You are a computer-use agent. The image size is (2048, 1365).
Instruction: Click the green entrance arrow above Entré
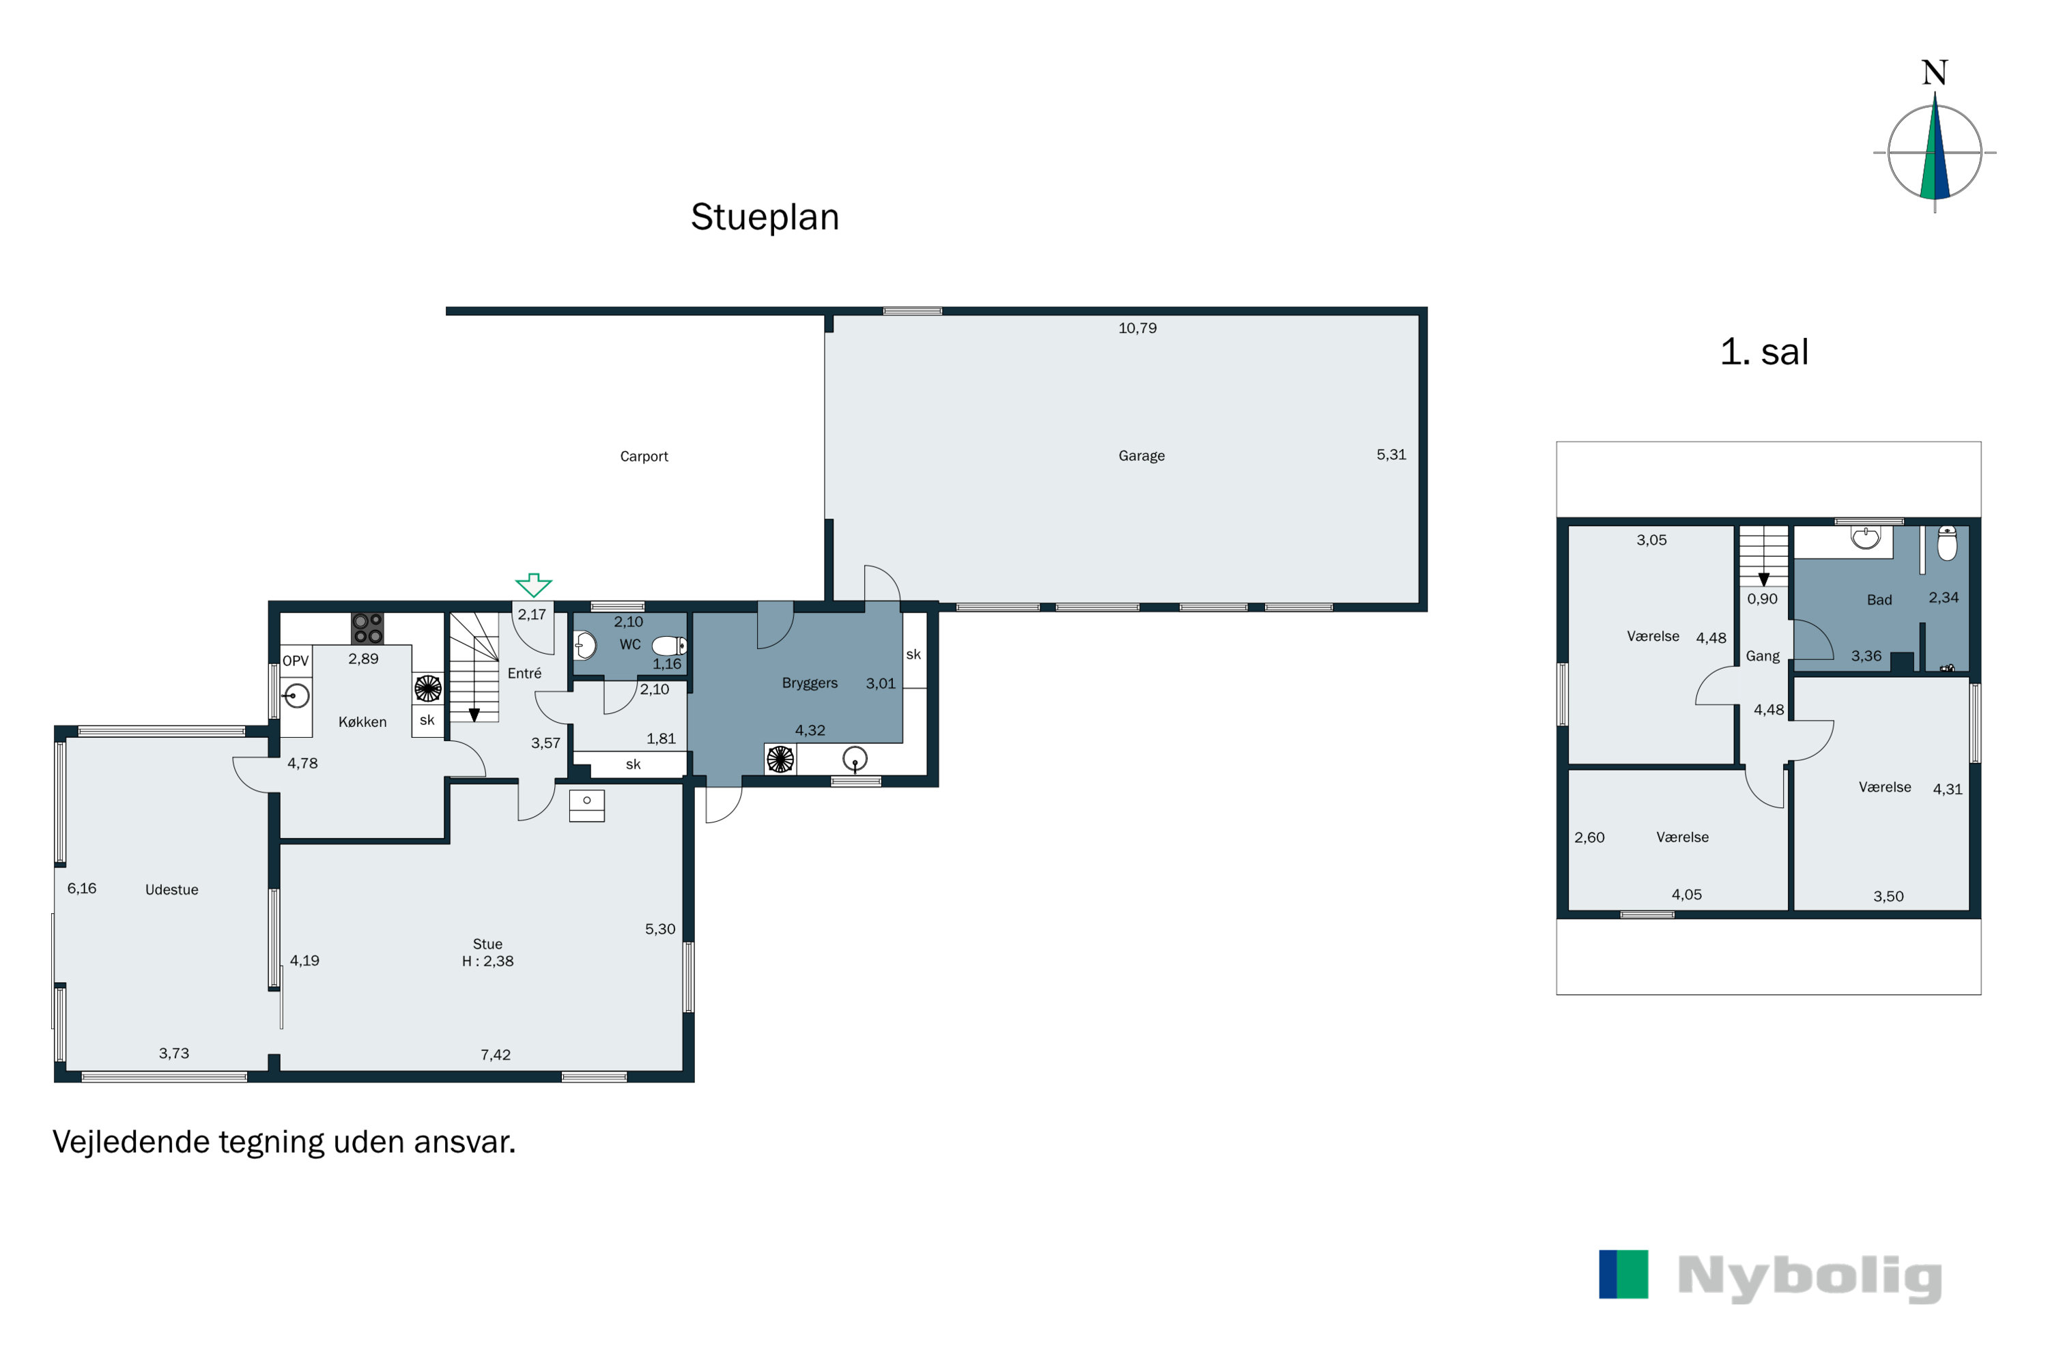533,584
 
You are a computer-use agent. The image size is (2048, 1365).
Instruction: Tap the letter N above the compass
1934,73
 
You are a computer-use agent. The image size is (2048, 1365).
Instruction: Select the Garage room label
1141,455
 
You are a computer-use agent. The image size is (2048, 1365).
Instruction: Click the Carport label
644,456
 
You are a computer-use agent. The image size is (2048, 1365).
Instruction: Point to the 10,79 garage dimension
1137,328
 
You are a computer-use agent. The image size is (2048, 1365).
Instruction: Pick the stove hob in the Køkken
367,629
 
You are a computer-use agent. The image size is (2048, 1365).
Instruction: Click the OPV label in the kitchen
295,661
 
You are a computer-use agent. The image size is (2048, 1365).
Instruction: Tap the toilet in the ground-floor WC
670,646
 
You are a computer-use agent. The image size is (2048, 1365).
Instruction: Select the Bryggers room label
809,683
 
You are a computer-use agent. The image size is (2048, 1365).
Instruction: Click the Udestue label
171,890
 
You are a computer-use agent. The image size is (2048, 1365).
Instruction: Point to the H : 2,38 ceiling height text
487,961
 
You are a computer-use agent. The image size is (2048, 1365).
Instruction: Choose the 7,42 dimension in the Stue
496,1055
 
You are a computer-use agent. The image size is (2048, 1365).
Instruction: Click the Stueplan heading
765,218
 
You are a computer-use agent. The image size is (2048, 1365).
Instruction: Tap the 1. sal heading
1763,351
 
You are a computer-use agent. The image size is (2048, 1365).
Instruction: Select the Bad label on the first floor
1879,600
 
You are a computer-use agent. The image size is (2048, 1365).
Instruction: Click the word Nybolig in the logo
1810,1277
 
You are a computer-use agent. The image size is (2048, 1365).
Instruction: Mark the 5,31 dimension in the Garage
1391,455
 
